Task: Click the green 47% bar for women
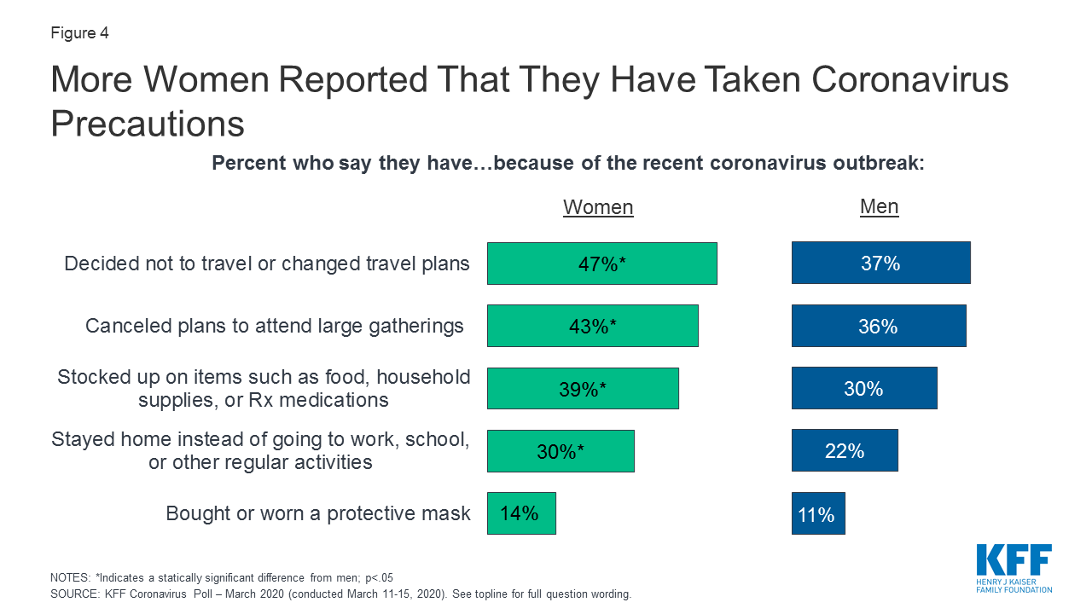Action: click(x=601, y=264)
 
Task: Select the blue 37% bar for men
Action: click(x=880, y=263)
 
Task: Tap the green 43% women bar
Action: click(x=592, y=326)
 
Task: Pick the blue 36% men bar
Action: click(x=879, y=326)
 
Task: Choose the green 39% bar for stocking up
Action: click(x=583, y=389)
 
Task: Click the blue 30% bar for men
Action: click(x=863, y=388)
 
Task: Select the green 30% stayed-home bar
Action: click(x=561, y=451)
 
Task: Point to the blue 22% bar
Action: click(x=845, y=450)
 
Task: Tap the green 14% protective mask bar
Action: click(x=521, y=513)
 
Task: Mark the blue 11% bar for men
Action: click(x=818, y=513)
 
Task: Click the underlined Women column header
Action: click(x=598, y=207)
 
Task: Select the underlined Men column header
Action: click(x=879, y=206)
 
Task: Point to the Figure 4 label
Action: click(x=79, y=34)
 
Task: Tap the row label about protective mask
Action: click(x=317, y=513)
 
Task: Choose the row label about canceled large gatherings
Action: click(x=275, y=326)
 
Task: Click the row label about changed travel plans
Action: click(x=267, y=264)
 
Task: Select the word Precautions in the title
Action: click(x=148, y=125)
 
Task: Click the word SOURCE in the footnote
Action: click(x=74, y=594)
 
